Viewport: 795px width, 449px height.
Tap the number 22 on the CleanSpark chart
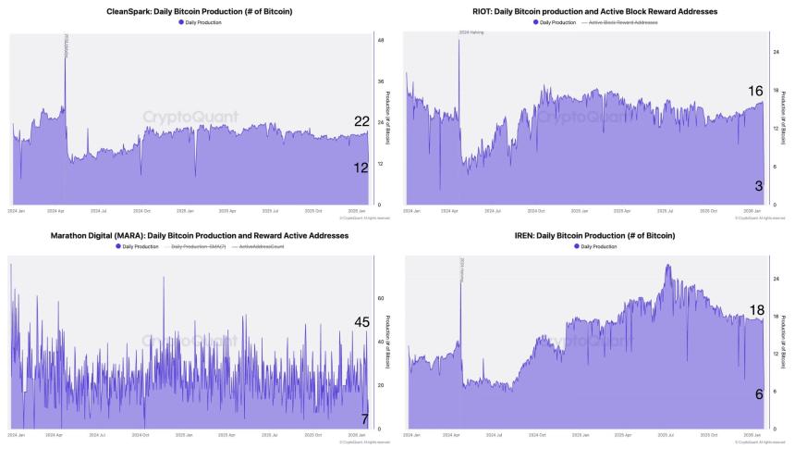[361, 121]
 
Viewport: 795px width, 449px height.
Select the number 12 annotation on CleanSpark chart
[361, 168]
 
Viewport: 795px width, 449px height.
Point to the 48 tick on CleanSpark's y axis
[380, 41]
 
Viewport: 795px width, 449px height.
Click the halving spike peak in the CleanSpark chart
[65, 44]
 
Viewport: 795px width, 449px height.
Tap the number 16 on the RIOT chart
[755, 91]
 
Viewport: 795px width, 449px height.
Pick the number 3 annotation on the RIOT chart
[759, 186]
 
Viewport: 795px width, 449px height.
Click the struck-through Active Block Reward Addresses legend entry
[625, 21]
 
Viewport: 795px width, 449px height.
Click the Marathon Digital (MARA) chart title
[199, 236]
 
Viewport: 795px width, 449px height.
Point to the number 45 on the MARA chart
[361, 322]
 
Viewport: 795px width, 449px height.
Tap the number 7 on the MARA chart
[365, 419]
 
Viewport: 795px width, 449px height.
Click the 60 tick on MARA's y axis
[380, 299]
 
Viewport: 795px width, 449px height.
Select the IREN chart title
[595, 236]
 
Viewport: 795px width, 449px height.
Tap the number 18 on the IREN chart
[755, 310]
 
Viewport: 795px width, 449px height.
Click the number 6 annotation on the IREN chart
[759, 394]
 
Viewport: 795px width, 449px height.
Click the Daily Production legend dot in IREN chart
[577, 247]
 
